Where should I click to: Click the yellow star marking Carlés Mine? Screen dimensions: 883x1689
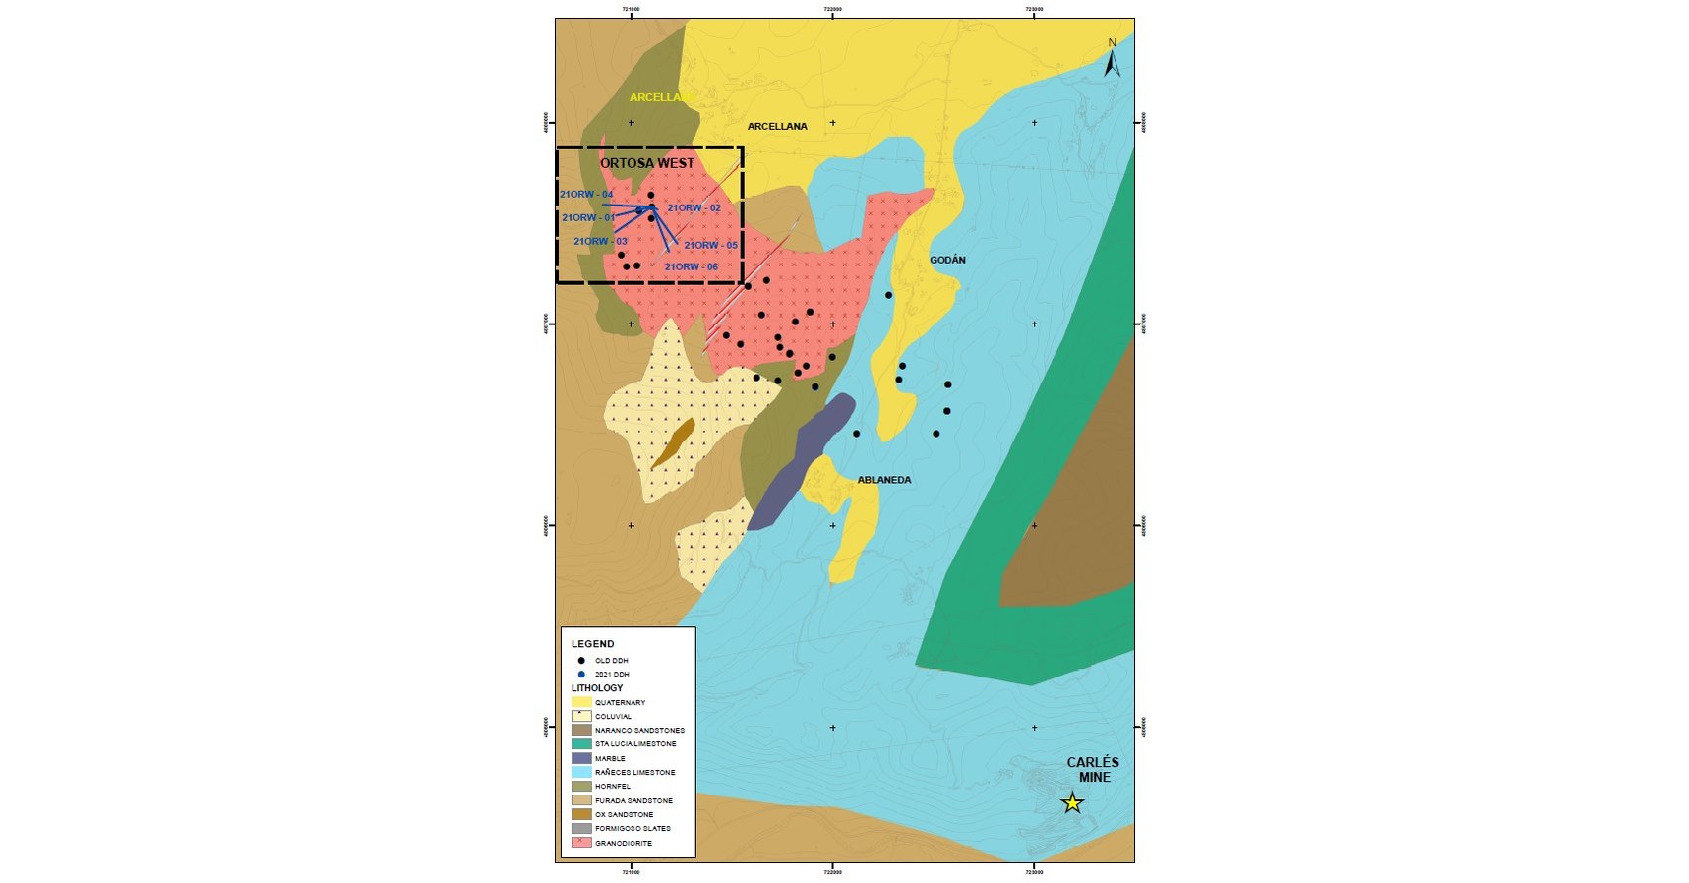(1072, 803)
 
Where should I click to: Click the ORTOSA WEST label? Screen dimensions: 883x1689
(647, 163)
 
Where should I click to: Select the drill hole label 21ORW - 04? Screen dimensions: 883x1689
(586, 195)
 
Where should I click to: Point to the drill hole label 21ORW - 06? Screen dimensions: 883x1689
(691, 266)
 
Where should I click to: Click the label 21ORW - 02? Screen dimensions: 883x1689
(694, 208)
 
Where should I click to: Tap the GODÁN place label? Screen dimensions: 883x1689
(947, 260)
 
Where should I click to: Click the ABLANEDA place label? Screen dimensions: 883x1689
(884, 480)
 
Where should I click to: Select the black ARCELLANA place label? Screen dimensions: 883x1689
(777, 126)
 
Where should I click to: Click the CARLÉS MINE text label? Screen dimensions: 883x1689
(1093, 769)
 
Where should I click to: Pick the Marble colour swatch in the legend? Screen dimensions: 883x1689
(581, 758)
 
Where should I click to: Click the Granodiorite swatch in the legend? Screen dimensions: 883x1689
(581, 843)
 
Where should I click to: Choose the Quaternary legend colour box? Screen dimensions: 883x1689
(581, 702)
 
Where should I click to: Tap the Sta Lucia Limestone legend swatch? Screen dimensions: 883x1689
(581, 744)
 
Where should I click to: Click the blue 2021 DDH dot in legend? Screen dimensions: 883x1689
(581, 675)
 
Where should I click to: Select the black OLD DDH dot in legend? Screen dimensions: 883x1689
(581, 661)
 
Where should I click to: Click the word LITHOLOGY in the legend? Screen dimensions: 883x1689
(597, 688)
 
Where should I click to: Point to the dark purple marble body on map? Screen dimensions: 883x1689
(799, 462)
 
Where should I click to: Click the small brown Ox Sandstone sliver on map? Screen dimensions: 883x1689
(674, 442)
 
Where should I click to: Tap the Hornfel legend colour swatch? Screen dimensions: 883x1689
(581, 787)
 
